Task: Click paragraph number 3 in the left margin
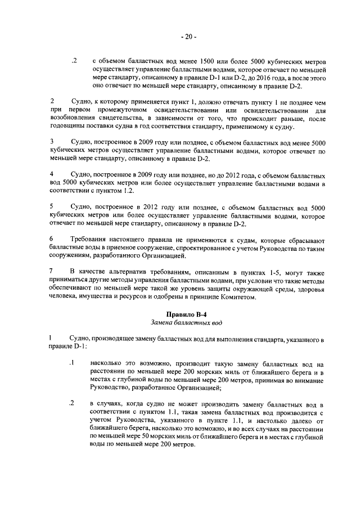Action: [x=52, y=141]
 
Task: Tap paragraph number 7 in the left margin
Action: [x=52, y=272]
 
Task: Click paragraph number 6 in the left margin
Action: [x=52, y=240]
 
